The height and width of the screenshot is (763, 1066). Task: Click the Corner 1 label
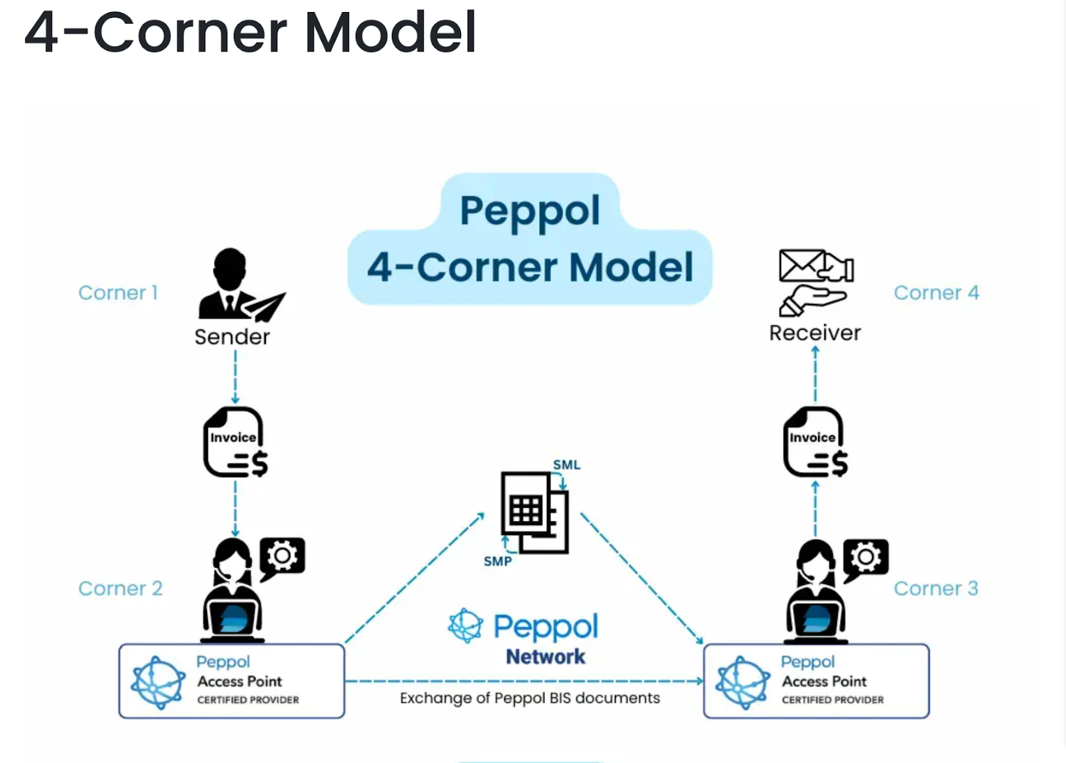click(118, 293)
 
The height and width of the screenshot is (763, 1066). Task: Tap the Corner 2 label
click(120, 588)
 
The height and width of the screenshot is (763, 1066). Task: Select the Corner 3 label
click(935, 588)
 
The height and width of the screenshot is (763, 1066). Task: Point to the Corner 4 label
click(936, 293)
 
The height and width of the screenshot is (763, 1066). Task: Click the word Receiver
click(815, 333)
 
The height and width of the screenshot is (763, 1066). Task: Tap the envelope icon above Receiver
click(802, 265)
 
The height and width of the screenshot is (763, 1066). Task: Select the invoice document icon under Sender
click(235, 443)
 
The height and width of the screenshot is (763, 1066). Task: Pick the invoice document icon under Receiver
click(815, 443)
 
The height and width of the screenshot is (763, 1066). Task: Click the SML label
click(566, 464)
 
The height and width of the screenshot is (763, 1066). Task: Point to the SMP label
click(498, 562)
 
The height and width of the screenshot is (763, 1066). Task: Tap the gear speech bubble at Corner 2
click(282, 556)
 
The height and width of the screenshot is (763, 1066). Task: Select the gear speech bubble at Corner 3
click(865, 557)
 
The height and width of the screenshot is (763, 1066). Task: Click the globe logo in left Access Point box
click(158, 682)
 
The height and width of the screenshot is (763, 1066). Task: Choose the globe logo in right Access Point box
click(742, 682)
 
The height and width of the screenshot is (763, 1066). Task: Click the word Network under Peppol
click(546, 657)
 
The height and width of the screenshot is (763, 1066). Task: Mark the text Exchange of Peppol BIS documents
click(530, 698)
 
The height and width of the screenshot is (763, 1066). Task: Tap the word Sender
click(232, 337)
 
